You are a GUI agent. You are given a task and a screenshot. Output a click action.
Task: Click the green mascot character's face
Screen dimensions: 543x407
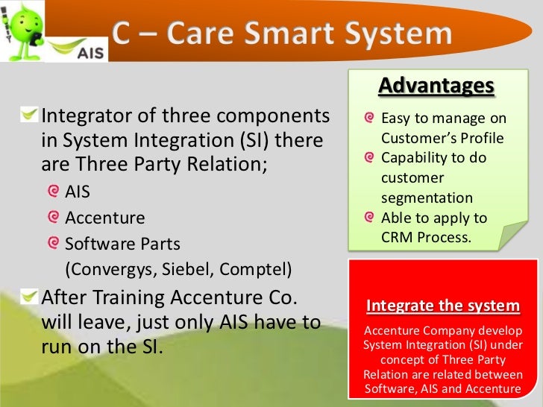(25, 24)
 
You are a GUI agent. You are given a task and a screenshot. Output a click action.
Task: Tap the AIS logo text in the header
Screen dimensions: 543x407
(90, 53)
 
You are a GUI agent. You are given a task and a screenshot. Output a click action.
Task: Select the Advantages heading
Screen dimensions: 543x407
(436, 85)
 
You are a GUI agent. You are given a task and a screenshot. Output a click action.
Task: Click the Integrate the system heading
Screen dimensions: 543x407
(443, 306)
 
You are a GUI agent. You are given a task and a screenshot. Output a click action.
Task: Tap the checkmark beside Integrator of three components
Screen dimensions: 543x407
(29, 115)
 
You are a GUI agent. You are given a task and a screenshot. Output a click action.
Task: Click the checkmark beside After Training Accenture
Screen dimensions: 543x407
(29, 297)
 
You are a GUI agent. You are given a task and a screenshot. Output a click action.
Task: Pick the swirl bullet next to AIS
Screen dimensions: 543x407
(54, 191)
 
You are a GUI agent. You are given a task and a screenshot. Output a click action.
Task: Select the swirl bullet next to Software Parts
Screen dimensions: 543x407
(54, 243)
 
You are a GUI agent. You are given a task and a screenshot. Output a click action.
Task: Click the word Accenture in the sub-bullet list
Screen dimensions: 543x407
(105, 218)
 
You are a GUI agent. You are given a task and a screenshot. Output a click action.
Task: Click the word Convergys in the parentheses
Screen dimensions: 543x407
(111, 270)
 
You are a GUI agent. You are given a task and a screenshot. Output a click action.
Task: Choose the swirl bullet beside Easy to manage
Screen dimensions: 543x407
(369, 118)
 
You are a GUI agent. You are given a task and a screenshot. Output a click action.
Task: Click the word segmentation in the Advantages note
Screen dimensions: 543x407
(427, 198)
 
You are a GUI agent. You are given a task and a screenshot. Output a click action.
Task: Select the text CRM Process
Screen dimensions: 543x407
(427, 237)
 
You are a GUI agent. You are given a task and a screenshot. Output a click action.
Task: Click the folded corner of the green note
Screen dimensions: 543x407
(512, 236)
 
